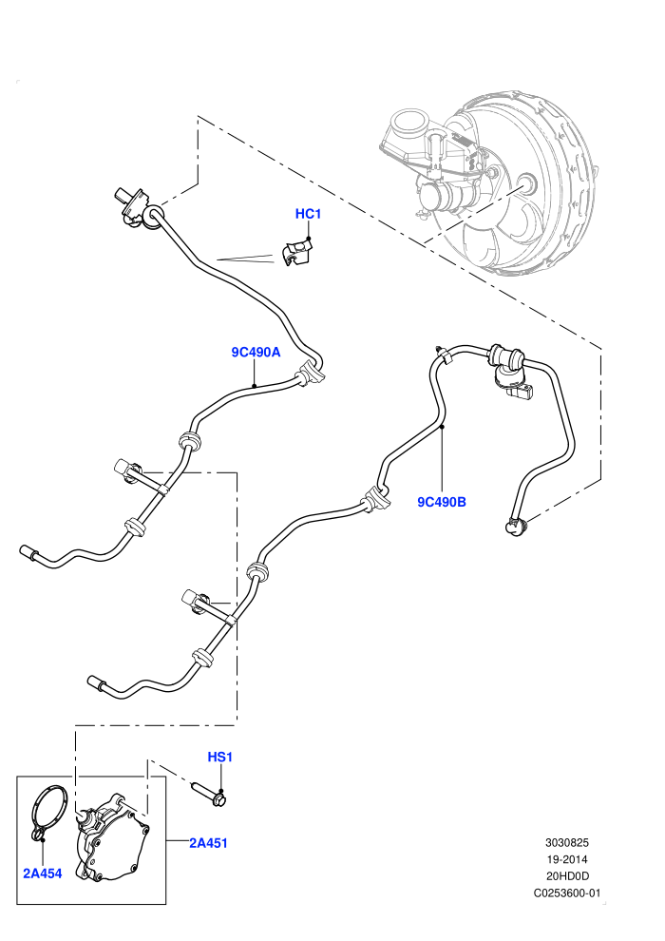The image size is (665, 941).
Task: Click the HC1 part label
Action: click(x=308, y=214)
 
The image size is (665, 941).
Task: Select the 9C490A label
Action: click(x=256, y=353)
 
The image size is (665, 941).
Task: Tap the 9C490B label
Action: click(x=442, y=502)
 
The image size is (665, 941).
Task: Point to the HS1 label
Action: click(x=220, y=757)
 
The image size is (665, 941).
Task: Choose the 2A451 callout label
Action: click(x=209, y=843)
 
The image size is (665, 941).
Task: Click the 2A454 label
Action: click(x=43, y=874)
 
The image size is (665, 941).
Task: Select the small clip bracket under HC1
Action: click(x=297, y=253)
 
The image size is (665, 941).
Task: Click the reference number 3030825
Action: click(x=566, y=842)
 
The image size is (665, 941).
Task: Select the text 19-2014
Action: click(x=566, y=859)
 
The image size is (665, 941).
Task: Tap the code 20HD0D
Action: click(x=566, y=876)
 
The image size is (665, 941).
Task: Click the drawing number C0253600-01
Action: click(x=566, y=893)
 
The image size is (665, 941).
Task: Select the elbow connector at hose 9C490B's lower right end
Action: click(x=515, y=526)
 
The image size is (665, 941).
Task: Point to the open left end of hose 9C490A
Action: click(x=28, y=551)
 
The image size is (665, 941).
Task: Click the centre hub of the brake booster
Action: click(x=526, y=183)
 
